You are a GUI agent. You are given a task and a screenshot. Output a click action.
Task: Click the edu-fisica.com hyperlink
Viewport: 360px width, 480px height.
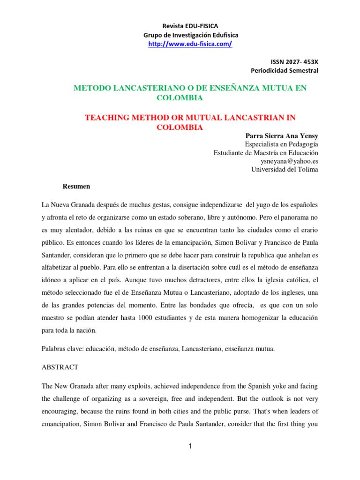(190, 44)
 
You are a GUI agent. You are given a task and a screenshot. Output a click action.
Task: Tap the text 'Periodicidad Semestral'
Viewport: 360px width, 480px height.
(285, 71)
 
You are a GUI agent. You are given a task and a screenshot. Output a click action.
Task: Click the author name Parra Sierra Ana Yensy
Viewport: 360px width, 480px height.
(282, 136)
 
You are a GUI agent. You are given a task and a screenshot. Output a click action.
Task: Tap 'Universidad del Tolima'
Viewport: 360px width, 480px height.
(285, 170)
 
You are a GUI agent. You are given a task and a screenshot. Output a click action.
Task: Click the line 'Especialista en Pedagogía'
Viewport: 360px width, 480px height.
(281, 144)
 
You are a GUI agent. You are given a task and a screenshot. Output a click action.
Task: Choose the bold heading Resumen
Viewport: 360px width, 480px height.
(76, 187)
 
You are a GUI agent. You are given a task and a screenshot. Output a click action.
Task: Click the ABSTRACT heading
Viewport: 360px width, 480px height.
(60, 367)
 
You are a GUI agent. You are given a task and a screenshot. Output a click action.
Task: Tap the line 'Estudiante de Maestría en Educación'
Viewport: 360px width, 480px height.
(266, 153)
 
